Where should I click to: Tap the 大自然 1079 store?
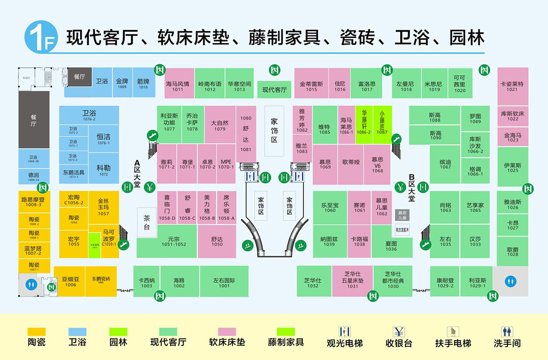pyautogui.click(x=220, y=125)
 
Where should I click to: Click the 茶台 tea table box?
pyautogui.click(x=147, y=222)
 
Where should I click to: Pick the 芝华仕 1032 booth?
pyautogui.click(x=313, y=281)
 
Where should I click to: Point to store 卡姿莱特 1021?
pyautogui.click(x=512, y=86)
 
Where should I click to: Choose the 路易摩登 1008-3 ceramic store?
pyautogui.click(x=34, y=202)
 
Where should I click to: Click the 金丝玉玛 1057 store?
pyautogui.click(x=104, y=207)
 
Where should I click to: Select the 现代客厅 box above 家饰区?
pyautogui.click(x=275, y=90)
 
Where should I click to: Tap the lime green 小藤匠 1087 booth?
pyautogui.click(x=382, y=124)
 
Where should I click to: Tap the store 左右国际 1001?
pyautogui.click(x=224, y=281)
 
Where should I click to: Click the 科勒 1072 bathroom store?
pyautogui.click(x=104, y=170)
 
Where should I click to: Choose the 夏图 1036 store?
pyautogui.click(x=391, y=246)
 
